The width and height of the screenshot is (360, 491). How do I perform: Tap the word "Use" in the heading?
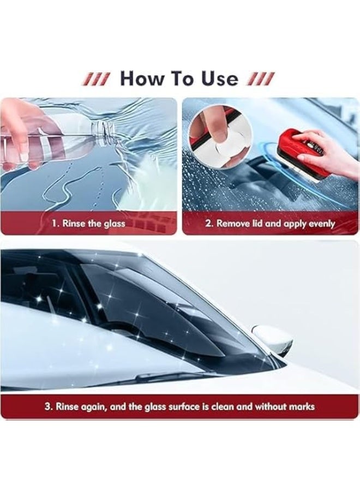coord(218,79)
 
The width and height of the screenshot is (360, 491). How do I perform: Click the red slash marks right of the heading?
coord(261,79)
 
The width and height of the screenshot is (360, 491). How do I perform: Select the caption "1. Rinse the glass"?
coord(89,224)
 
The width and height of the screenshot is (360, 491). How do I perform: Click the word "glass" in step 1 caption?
coord(113,224)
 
